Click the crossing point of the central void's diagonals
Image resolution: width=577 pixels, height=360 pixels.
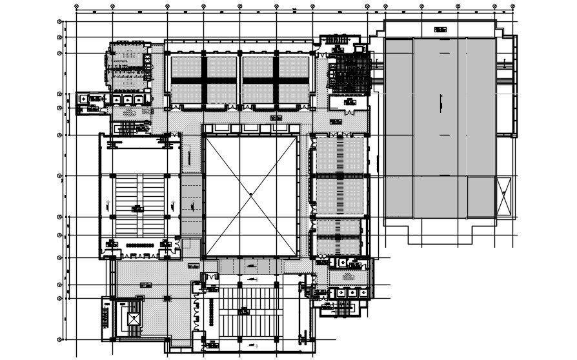click(x=250, y=194)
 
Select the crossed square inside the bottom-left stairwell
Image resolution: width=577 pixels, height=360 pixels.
click(x=134, y=318)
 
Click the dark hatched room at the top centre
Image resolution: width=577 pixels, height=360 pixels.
click(x=349, y=72)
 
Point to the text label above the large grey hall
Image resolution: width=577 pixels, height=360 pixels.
click(x=441, y=29)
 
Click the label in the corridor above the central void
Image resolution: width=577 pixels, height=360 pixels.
click(x=276, y=118)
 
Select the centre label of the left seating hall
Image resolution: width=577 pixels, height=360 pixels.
click(x=137, y=207)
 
